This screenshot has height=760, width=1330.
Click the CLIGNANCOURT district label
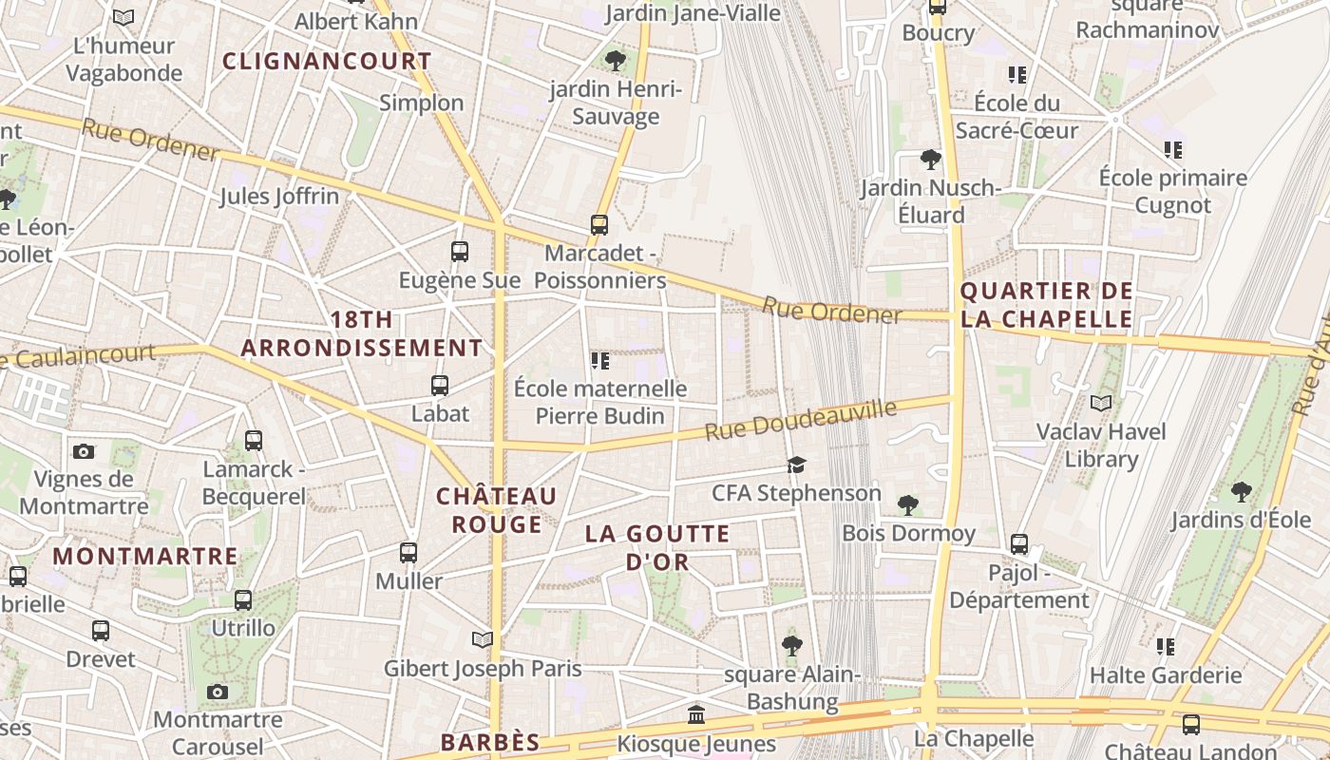[x=327, y=62]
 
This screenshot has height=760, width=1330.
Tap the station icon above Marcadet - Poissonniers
[x=599, y=225]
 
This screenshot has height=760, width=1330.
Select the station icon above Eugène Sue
[x=460, y=252]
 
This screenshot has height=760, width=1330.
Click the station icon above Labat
[x=440, y=386]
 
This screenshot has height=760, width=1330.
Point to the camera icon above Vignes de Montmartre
[x=84, y=451]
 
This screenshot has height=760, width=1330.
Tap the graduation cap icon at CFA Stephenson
[x=796, y=465]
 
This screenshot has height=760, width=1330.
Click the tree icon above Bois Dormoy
[x=908, y=504]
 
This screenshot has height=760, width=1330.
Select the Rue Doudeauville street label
[x=800, y=420]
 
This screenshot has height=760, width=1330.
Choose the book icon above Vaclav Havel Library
[x=1101, y=404]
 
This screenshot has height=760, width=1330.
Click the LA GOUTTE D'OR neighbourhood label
[x=657, y=547]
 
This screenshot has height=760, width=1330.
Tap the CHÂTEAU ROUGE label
[x=496, y=510]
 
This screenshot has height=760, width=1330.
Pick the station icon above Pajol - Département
[x=1019, y=544]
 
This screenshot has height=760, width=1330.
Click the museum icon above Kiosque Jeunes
[x=696, y=714]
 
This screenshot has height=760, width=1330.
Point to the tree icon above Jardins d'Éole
[x=1241, y=491]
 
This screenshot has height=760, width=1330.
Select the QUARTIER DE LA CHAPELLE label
[x=1047, y=305]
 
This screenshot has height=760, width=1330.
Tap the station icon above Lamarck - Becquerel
[x=254, y=441]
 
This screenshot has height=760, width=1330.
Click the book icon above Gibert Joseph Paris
[x=483, y=640]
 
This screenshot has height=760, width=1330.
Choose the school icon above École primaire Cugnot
[x=1173, y=150]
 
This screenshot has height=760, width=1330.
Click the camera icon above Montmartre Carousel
[x=218, y=692]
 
